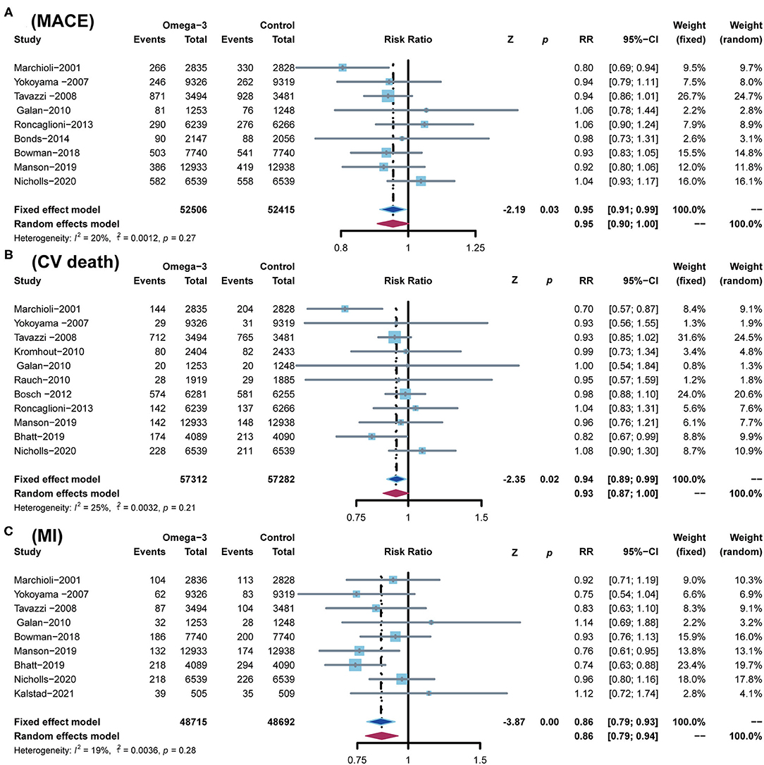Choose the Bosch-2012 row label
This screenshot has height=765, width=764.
(x=39, y=393)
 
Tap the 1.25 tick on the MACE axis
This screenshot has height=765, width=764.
(x=476, y=247)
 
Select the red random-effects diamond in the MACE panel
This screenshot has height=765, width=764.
(x=393, y=223)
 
